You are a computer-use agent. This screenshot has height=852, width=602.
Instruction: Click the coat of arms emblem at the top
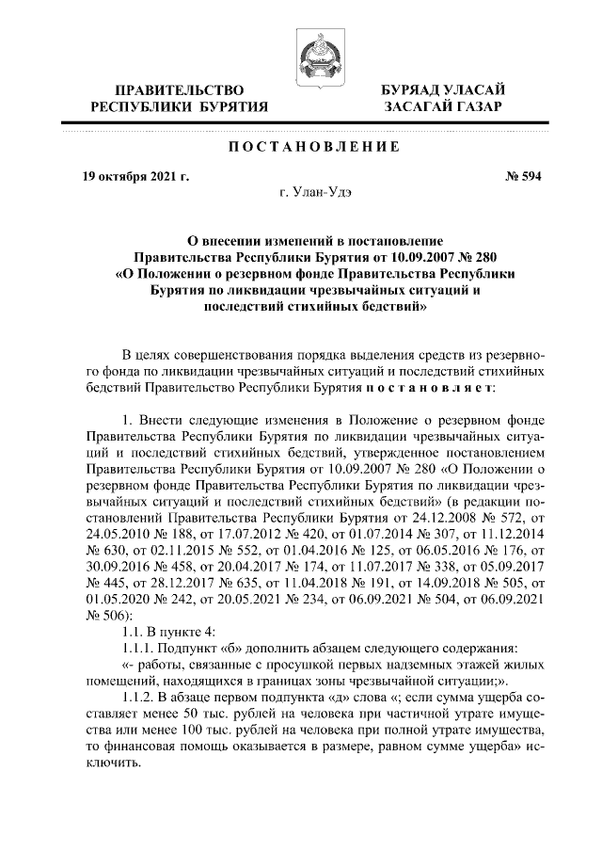pyautogui.click(x=313, y=55)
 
